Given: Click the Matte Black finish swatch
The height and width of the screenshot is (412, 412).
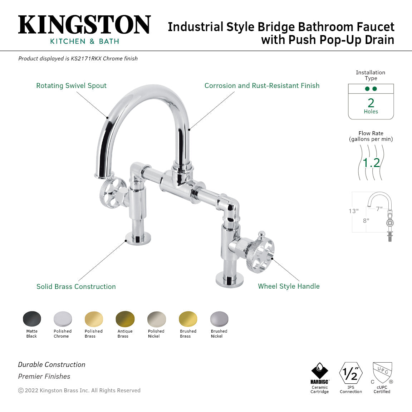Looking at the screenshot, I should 32,319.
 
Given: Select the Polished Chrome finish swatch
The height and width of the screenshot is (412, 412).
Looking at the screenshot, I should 63,319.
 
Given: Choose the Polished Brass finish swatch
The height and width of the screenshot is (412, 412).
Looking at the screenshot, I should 94,319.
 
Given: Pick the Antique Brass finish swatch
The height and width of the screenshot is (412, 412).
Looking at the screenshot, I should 125,319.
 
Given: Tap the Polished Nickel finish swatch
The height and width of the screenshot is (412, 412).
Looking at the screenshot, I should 156,319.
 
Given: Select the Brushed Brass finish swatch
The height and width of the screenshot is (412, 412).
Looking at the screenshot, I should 188,319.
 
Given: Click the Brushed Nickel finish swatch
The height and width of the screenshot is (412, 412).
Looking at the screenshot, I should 219,319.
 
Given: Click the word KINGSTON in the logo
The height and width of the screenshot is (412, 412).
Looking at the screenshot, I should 84,25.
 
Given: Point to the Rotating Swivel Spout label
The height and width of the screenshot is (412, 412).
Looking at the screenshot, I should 71,86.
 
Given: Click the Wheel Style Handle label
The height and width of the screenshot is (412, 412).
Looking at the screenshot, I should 289,286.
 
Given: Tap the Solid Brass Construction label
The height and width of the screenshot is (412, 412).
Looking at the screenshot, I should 76,287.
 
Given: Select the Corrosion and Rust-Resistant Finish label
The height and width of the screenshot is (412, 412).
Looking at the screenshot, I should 262,86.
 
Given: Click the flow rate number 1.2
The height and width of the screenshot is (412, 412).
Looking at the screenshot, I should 371,163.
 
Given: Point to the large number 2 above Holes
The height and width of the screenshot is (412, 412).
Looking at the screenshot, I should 371,103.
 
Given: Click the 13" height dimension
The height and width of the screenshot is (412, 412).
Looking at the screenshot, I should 353,211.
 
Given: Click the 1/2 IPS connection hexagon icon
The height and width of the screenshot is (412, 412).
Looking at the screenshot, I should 350,373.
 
